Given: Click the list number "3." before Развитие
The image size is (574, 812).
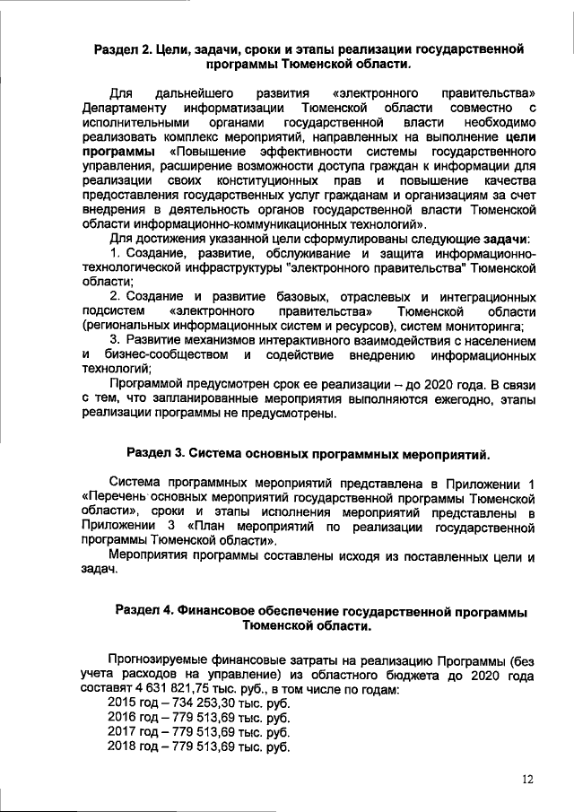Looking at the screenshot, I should click(x=116, y=341).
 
